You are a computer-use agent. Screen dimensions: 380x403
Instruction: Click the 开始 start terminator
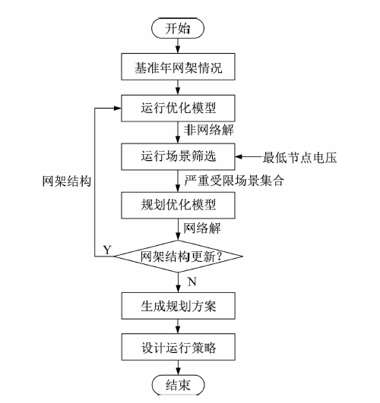point(178,28)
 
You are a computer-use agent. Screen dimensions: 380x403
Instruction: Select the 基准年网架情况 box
point(178,67)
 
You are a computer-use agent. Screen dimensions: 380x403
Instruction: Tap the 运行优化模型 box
point(178,109)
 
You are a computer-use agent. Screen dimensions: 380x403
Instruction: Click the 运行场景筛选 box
point(178,156)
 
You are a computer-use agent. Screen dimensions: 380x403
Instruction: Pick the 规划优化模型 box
point(178,206)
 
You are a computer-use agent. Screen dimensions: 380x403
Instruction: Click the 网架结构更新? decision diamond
point(178,257)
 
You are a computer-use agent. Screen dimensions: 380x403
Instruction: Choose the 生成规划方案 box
point(178,306)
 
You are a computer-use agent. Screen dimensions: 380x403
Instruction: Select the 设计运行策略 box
point(178,347)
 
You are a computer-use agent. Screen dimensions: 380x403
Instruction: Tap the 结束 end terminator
point(178,385)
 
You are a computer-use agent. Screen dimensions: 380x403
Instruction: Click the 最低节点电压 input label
point(299,157)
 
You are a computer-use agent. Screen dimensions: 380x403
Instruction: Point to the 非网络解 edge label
point(208,130)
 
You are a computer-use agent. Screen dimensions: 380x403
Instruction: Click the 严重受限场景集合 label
point(234,180)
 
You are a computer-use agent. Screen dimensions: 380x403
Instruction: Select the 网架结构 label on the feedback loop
point(67,181)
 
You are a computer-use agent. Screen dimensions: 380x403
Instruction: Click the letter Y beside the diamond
point(107,250)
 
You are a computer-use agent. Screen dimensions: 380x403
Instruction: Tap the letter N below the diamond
point(192,282)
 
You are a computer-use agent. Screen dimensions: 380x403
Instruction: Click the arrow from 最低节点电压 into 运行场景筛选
point(249,156)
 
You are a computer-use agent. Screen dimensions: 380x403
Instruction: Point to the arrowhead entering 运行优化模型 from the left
point(118,109)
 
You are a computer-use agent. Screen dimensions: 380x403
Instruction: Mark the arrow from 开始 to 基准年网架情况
point(178,46)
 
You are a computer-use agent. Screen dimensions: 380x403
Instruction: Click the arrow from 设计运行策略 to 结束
point(178,367)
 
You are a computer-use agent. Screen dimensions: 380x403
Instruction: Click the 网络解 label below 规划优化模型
point(202,228)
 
